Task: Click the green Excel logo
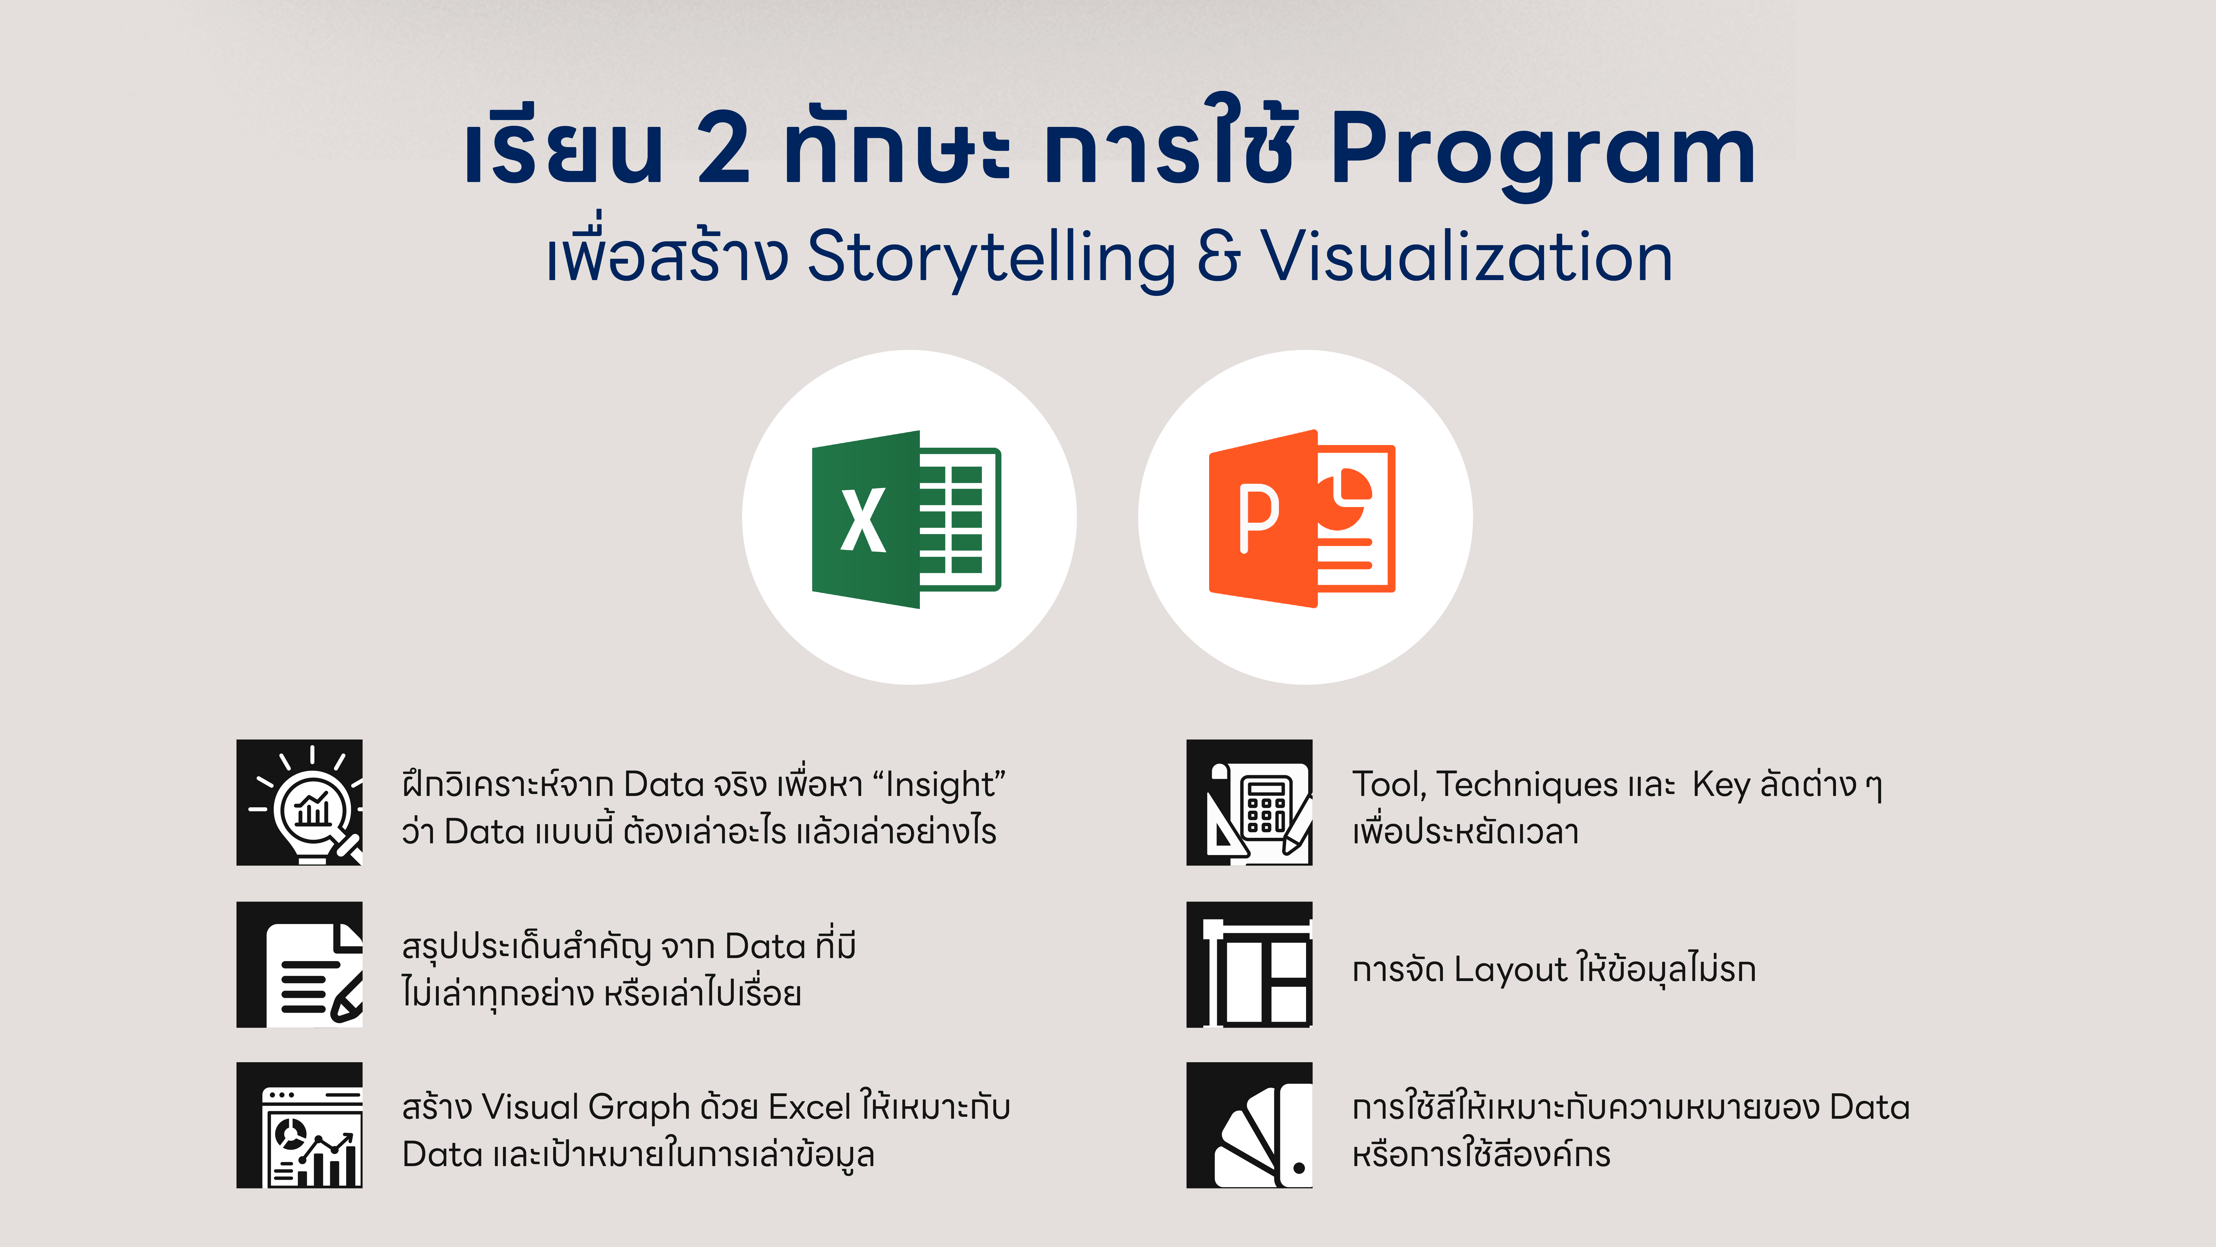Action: click(x=907, y=519)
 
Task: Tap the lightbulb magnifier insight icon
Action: click(x=299, y=802)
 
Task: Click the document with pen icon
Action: click(x=299, y=965)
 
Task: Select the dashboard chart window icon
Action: click(x=299, y=1126)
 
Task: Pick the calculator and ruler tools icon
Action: click(x=1249, y=802)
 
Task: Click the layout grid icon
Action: click(x=1249, y=965)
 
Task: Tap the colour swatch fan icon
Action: click(x=1249, y=1126)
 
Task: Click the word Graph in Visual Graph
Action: click(x=639, y=1108)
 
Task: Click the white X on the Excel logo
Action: click(x=863, y=520)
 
